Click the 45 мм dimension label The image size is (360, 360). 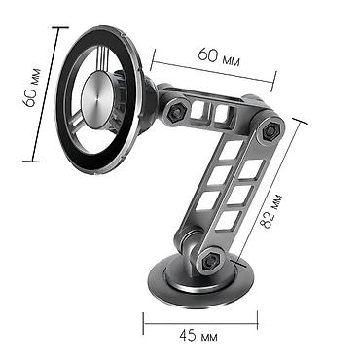198,336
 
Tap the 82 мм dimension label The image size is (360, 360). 271,211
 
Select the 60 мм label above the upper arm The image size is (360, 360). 219,56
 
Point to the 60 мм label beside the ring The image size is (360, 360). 31,88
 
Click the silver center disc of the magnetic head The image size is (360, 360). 97,99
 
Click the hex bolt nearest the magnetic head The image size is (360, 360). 176,112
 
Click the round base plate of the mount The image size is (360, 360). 198,285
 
